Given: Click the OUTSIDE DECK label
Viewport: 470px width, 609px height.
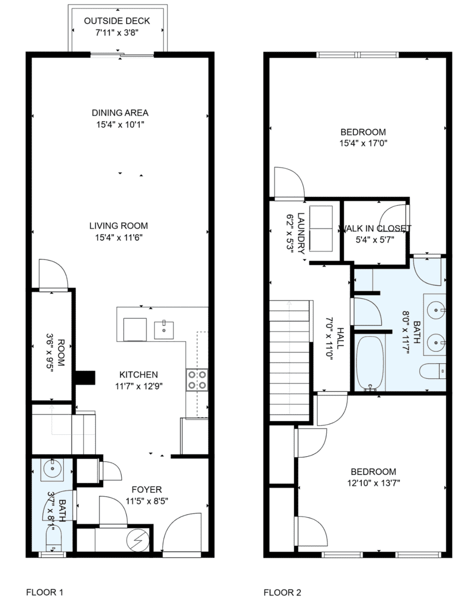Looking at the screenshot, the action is click(x=117, y=21).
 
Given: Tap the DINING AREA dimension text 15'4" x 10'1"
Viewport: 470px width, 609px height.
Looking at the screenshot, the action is click(x=120, y=125).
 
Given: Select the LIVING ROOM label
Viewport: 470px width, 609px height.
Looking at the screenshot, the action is click(x=118, y=226).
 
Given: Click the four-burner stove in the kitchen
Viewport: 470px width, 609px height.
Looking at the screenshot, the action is click(x=197, y=380).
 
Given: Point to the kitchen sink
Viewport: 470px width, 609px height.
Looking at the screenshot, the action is click(x=164, y=330).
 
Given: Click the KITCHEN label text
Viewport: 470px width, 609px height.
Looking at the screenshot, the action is click(x=139, y=375).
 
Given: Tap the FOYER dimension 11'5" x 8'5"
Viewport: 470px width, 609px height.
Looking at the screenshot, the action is click(x=147, y=501).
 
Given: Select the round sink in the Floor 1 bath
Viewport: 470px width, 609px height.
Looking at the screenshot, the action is click(x=51, y=469).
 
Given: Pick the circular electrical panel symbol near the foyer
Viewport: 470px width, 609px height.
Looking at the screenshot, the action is click(x=138, y=540).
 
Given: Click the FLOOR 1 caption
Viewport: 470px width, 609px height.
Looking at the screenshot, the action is click(x=45, y=592).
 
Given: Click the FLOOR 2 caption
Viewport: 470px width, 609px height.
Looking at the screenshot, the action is click(x=282, y=592).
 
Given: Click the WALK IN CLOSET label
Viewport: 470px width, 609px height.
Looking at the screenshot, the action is click(x=375, y=228).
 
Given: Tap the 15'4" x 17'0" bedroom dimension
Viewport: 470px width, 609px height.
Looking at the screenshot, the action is click(x=363, y=143).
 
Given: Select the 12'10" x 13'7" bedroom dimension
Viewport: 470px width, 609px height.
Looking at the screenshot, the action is click(x=374, y=483).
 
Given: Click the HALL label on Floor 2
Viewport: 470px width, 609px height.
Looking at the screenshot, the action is click(x=340, y=338).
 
